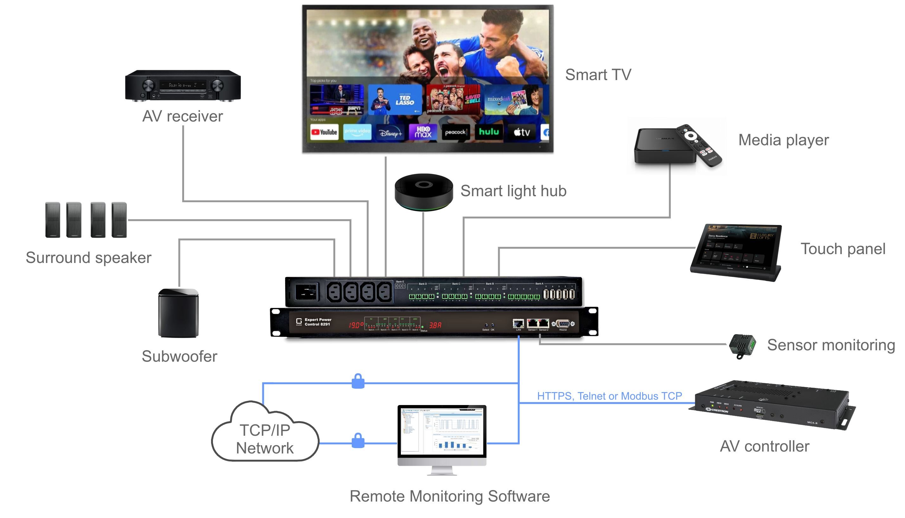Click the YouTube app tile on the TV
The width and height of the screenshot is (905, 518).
coord(324,132)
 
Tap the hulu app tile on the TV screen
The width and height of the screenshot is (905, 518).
coord(489,132)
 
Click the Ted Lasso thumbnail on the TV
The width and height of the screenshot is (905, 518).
coord(395,100)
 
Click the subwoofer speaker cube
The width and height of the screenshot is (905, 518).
coord(178,313)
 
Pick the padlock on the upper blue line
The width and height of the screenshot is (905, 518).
coord(358,381)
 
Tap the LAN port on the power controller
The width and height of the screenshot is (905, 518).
coord(518,323)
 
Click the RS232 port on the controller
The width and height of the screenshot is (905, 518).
coord(563,324)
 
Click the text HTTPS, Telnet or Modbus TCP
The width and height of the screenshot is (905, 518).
coord(609,396)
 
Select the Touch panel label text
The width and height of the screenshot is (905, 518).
coord(843,249)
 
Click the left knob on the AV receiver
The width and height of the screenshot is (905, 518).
coord(149,85)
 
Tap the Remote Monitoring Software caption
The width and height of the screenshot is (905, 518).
coord(449,496)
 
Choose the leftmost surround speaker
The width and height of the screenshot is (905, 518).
coord(53,220)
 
